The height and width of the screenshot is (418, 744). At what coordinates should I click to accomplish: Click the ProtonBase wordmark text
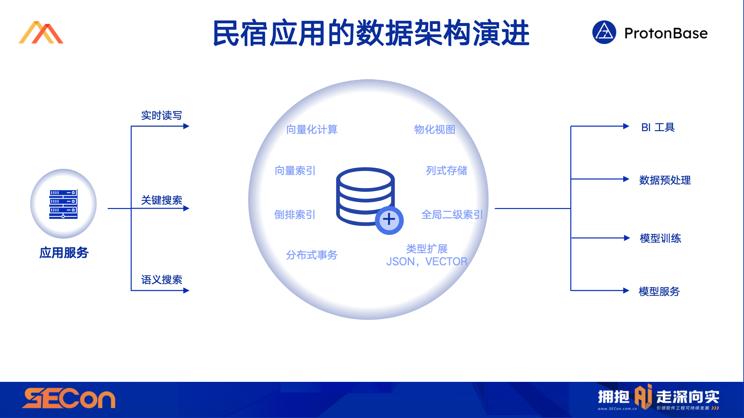point(666,33)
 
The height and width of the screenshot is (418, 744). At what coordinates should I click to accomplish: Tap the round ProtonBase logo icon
point(604,32)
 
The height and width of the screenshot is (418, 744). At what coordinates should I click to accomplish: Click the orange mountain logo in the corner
point(41,33)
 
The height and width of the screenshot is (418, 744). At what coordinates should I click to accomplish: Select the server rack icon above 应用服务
point(63,204)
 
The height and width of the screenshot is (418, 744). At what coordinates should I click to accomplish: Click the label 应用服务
point(64,253)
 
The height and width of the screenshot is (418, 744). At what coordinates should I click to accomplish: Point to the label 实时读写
point(161,115)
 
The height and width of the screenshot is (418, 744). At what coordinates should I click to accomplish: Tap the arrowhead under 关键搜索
point(186,208)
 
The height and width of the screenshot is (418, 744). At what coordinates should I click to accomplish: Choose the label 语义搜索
point(161,280)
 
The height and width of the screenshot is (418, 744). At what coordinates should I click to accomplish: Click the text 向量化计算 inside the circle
point(312,129)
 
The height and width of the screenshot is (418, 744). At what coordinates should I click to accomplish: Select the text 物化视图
point(434,129)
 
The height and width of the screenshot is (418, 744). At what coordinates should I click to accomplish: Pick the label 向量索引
point(295,171)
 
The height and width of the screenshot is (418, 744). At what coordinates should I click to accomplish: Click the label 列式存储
point(446,171)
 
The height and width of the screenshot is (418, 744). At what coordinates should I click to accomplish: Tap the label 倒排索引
point(295,215)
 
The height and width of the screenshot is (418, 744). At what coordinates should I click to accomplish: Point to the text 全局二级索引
point(452,215)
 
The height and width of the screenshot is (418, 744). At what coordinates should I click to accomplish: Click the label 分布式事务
point(312,255)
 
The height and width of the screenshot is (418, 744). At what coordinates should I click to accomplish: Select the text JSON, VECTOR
point(427,262)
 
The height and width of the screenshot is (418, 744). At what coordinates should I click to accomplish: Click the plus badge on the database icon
point(389,220)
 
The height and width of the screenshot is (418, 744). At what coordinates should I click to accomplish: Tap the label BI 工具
point(658,127)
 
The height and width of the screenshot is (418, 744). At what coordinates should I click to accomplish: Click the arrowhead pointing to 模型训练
point(626,238)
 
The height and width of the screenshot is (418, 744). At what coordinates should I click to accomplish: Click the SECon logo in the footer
point(69,398)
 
